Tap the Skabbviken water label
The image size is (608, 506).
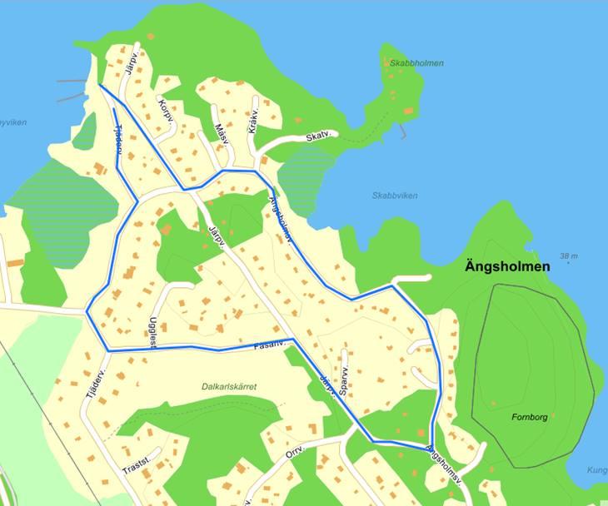pyautogui.click(x=395, y=196)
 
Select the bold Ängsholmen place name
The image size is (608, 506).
pyautogui.click(x=507, y=268)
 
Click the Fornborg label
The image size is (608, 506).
pyautogui.click(x=530, y=416)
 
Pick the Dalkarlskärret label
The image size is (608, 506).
pyautogui.click(x=228, y=387)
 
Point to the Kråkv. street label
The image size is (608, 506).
pyautogui.click(x=255, y=122)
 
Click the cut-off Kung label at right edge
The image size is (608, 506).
pyautogui.click(x=596, y=470)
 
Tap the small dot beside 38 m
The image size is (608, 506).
pyautogui.click(x=569, y=263)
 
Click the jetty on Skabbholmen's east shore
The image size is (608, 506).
pyautogui.click(x=404, y=131)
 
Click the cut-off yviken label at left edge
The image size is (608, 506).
pyautogui.click(x=12, y=122)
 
